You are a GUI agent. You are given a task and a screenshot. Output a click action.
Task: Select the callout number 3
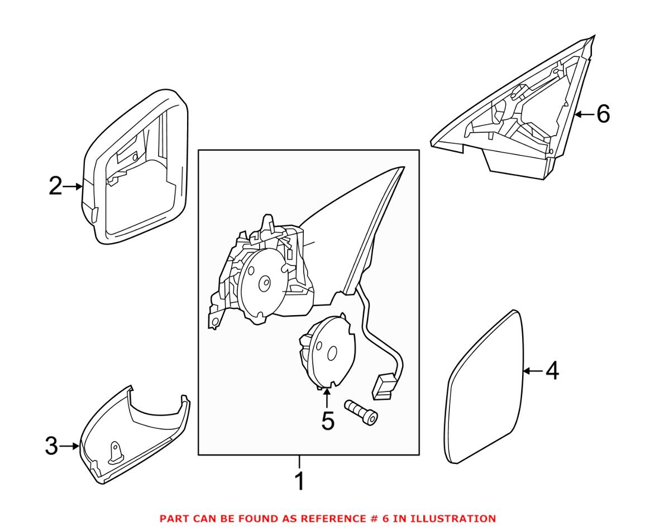coord(51,446)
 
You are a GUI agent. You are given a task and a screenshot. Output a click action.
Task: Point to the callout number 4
coord(551,371)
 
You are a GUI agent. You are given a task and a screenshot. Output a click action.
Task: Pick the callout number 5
coord(327,421)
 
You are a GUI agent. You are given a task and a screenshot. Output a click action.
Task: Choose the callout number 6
coord(603,114)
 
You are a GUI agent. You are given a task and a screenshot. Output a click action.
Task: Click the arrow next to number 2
coord(73,187)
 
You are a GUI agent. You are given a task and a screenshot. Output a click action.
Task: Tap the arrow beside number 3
coord(70,446)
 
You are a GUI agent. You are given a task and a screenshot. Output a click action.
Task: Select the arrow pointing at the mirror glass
coord(533,371)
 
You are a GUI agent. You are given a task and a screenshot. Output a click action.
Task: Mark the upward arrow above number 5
coord(327,397)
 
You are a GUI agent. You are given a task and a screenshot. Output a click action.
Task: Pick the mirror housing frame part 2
coord(134,167)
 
